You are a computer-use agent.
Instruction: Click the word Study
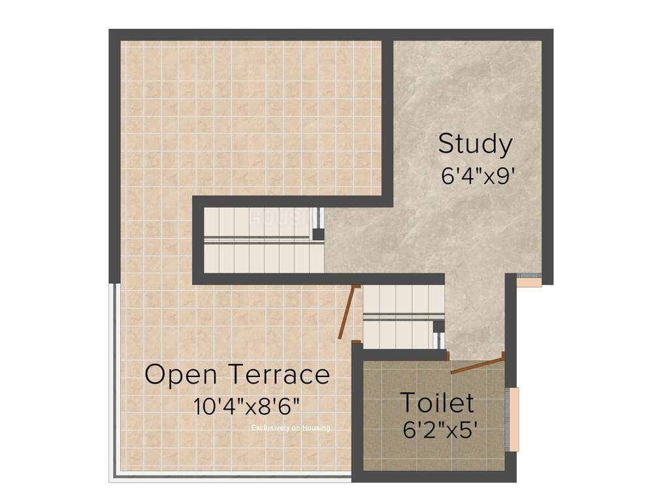[x=475, y=144]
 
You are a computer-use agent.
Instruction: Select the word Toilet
[x=436, y=402]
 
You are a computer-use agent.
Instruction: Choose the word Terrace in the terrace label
[x=279, y=375]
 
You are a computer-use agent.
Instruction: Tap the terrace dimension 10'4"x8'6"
[x=246, y=406]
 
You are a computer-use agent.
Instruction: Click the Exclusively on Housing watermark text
[x=291, y=428]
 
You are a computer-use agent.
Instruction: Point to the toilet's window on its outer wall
[x=514, y=419]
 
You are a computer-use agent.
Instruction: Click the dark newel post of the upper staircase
[x=318, y=234]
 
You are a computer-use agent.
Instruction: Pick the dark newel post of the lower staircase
[x=438, y=327]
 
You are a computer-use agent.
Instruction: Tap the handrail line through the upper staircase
[x=261, y=240]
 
